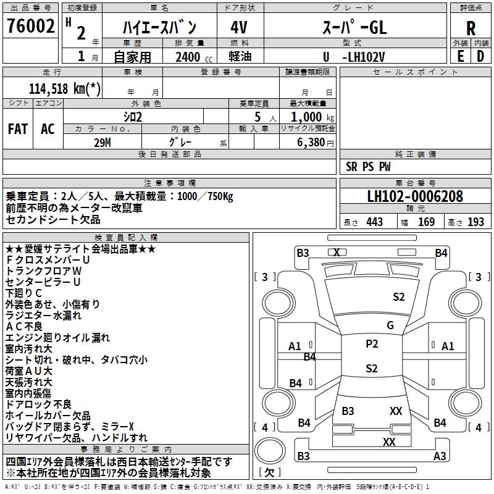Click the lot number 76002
pos(30,27)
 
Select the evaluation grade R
pos(471,28)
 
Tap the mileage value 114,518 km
pos(65,88)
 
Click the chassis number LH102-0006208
pos(414,197)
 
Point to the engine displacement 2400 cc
pos(188,57)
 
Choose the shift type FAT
pos(17,129)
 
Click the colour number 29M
pos(103,141)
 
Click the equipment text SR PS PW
pos(369,167)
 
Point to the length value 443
pos(374,222)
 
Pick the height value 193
pos(475,222)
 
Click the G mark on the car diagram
pos(390,325)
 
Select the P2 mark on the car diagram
pos(371,345)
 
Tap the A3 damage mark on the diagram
pos(440,456)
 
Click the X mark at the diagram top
pos(337,252)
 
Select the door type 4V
pos(239,27)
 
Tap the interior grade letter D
pos(480,57)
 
